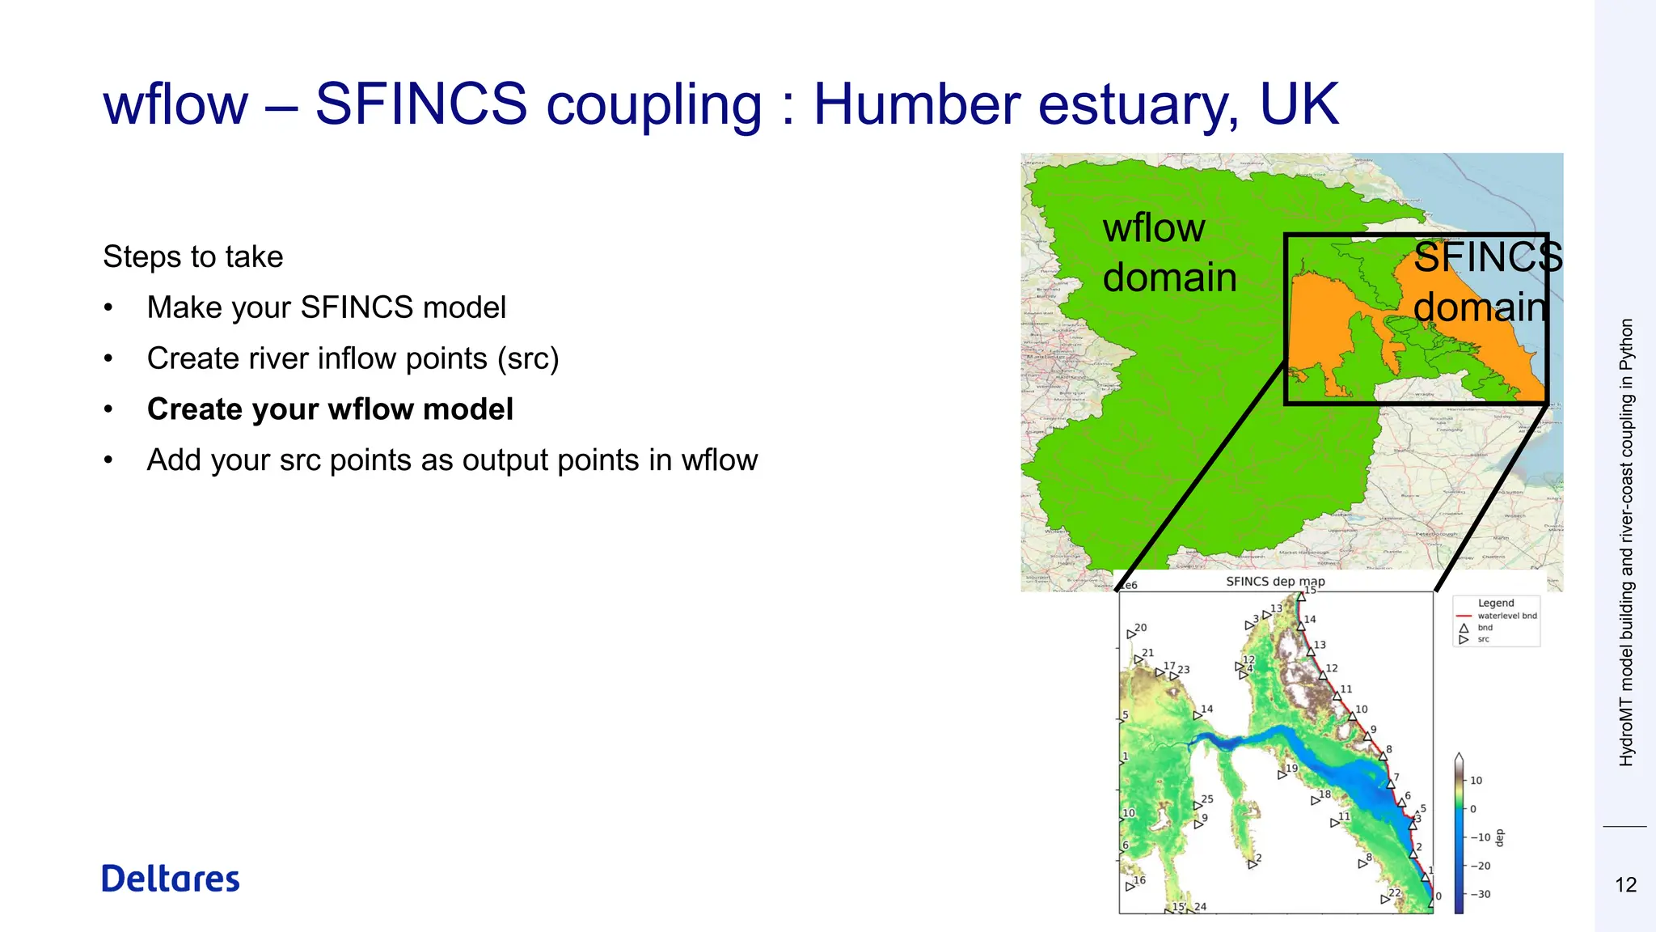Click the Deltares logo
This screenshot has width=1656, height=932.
[171, 879]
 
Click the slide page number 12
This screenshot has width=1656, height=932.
[1625, 885]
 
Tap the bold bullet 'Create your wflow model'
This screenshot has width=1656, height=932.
[330, 409]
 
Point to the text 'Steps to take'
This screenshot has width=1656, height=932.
[193, 257]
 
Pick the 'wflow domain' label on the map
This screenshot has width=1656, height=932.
[1168, 252]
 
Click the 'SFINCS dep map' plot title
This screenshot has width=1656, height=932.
[1275, 582]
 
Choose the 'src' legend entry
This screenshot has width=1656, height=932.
[1483, 639]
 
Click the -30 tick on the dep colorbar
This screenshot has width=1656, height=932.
[1479, 894]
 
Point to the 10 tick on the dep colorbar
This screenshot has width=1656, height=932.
[1476, 781]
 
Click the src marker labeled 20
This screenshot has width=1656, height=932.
[1131, 634]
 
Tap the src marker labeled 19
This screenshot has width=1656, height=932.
[1282, 774]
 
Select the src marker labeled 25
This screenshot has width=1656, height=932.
[1198, 806]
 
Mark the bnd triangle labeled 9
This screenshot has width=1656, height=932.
[1367, 736]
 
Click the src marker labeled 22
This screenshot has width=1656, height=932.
[1384, 899]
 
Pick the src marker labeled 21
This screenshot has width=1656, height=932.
[1138, 659]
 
